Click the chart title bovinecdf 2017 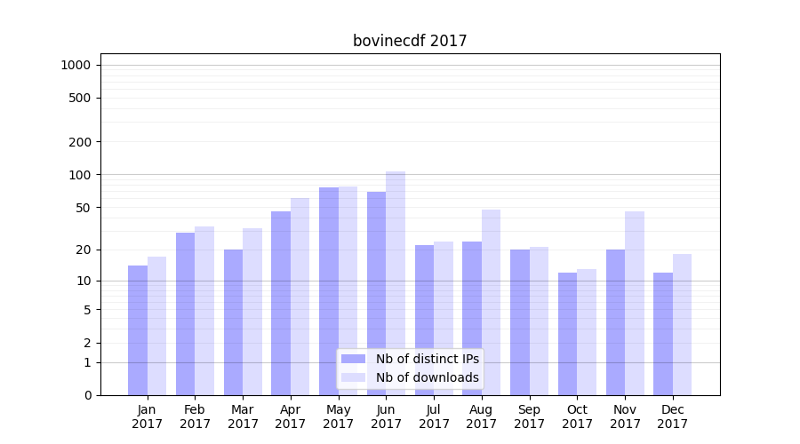(x=410, y=41)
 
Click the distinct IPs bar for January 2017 (x=138, y=330)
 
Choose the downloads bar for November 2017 (x=635, y=303)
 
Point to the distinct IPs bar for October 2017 (x=567, y=334)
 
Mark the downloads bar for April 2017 (x=300, y=297)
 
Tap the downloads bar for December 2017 (x=682, y=324)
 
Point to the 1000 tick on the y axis (x=76, y=65)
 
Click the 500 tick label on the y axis (x=80, y=98)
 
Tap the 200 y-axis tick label (x=80, y=142)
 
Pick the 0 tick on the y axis (x=87, y=395)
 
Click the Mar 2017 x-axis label (x=243, y=416)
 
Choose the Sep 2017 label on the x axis (x=529, y=416)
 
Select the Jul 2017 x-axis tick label (x=434, y=416)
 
